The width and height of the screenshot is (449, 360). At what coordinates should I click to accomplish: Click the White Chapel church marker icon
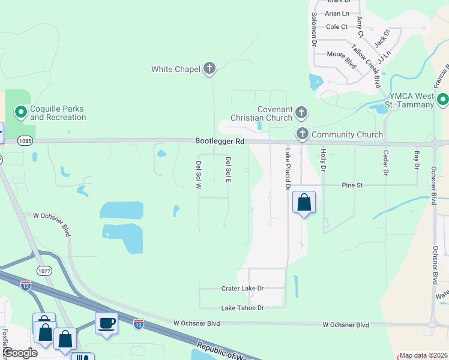[x=209, y=68]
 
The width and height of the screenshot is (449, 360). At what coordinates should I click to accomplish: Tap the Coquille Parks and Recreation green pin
[x=20, y=112]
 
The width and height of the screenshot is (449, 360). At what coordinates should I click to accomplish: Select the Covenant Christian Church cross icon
[x=301, y=112]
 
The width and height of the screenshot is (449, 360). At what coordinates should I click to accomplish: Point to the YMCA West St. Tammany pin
[x=443, y=100]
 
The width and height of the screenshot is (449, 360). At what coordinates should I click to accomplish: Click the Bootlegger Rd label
[x=220, y=141]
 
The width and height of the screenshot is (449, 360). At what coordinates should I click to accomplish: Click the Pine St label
[x=352, y=185]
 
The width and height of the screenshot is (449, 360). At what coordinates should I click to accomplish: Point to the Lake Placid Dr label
[x=287, y=169]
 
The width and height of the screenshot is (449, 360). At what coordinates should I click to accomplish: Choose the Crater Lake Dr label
[x=243, y=289]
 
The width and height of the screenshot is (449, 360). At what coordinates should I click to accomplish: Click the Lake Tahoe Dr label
[x=243, y=308]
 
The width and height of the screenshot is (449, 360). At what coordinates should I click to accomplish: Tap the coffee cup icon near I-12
[x=106, y=323]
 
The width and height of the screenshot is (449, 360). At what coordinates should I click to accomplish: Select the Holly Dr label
[x=323, y=160]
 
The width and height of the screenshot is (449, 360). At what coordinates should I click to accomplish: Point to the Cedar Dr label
[x=386, y=162]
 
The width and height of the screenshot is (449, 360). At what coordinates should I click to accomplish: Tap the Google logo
[x=19, y=353]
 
